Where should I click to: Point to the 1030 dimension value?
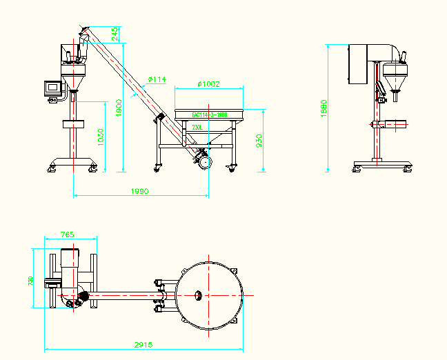point(100,136)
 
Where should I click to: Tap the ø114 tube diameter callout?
point(157,80)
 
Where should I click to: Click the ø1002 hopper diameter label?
point(208,84)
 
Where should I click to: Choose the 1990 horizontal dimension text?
point(140,191)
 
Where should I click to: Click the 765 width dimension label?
point(67,235)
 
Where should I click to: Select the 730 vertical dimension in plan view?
point(30,281)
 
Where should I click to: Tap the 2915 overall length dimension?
point(143,345)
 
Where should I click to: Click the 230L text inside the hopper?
point(197,128)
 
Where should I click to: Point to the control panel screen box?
point(52,87)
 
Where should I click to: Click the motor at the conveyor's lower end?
point(203,160)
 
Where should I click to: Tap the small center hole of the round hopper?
point(197,295)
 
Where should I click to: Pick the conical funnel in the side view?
point(395,82)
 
